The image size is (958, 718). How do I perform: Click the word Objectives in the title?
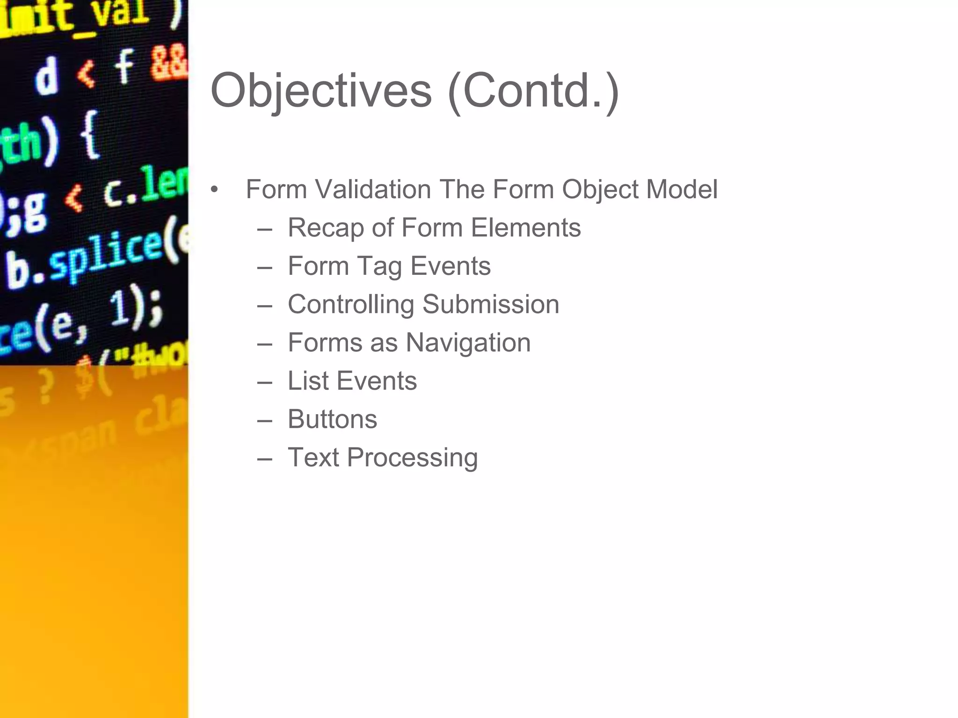click(x=321, y=91)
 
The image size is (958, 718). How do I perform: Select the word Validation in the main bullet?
click(x=373, y=190)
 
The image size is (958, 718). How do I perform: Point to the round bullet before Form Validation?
click(x=214, y=190)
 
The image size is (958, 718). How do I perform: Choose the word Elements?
click(x=526, y=228)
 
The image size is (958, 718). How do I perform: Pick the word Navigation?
click(x=468, y=343)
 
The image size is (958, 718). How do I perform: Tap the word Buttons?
click(x=332, y=419)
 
